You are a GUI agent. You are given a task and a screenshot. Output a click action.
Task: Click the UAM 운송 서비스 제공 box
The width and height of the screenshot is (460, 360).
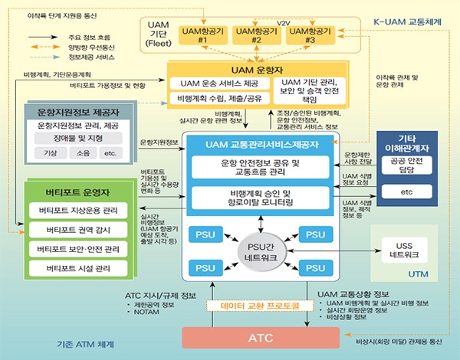coord(220,83)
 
